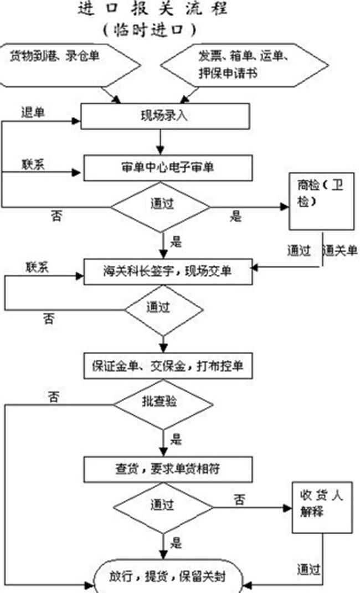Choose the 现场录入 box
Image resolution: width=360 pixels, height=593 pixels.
(165, 116)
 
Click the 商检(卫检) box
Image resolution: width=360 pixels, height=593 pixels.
(321, 201)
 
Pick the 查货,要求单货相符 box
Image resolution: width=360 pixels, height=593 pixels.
(168, 469)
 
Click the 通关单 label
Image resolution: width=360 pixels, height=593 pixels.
(340, 250)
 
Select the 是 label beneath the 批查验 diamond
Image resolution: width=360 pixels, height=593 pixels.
(176, 442)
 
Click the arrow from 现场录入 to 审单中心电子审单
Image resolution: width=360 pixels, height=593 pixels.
(161, 141)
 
